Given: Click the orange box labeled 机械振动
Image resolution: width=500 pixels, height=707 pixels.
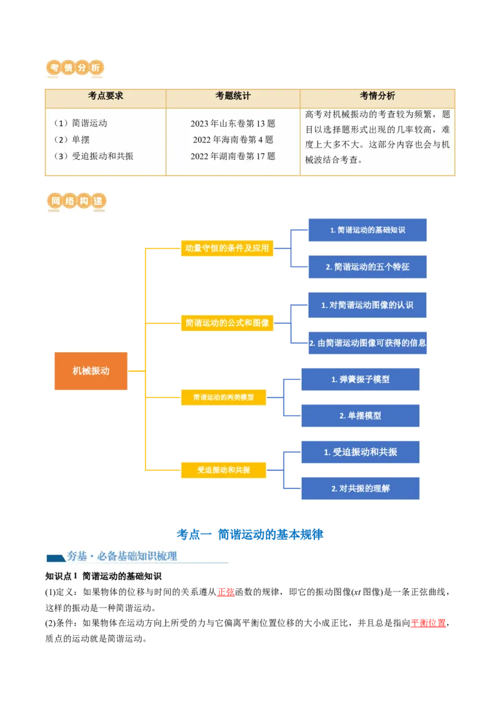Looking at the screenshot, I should (x=91, y=371).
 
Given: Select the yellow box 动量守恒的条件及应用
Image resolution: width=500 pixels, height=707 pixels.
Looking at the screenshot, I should (x=227, y=248).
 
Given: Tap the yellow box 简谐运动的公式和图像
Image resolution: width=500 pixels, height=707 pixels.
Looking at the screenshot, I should (x=227, y=323).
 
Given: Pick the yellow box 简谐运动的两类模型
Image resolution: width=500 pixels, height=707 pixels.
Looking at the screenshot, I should (x=223, y=397).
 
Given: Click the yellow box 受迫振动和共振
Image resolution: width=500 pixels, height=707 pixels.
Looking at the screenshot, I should (x=223, y=470).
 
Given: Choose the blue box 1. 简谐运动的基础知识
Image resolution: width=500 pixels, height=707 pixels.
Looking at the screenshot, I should (x=367, y=230).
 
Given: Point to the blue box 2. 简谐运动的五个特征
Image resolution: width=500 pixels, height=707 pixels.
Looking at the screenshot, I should (x=367, y=267).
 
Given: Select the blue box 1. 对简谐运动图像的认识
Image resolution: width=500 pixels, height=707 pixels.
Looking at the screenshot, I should (x=367, y=305).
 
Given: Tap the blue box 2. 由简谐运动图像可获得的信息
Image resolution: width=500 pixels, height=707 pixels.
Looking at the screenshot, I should (x=367, y=343).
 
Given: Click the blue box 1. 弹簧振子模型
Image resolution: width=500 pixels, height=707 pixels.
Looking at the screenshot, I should (x=360, y=379).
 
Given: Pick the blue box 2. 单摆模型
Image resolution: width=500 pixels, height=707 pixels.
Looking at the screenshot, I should (x=360, y=415).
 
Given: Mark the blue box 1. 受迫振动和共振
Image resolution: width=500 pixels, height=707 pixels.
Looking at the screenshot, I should (x=360, y=452).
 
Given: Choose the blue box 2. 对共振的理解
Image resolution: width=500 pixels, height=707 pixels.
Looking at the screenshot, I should (x=360, y=488).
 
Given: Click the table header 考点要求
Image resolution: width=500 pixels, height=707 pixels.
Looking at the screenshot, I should (x=106, y=96).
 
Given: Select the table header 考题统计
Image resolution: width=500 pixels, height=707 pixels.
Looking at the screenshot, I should (x=232, y=96).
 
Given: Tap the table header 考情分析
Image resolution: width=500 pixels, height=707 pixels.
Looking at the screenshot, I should (x=377, y=96).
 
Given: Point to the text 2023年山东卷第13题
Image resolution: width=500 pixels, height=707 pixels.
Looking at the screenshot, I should (x=232, y=124).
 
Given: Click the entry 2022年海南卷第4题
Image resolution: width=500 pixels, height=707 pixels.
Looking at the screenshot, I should (x=232, y=140).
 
